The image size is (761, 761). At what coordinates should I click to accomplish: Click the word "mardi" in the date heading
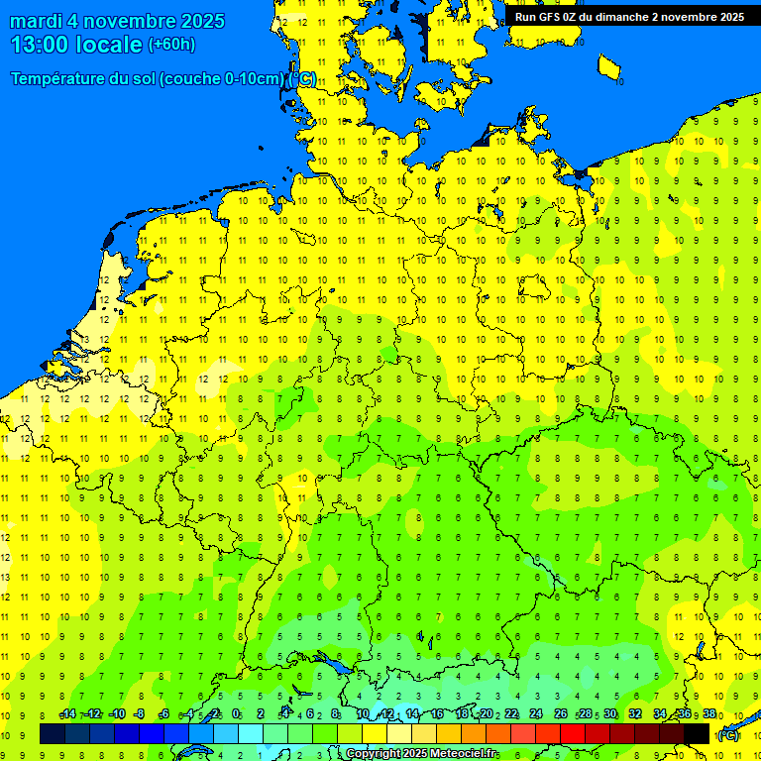click(36, 21)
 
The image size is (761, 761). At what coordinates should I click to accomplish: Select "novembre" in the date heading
click(127, 21)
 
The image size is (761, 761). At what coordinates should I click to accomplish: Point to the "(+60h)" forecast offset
click(171, 45)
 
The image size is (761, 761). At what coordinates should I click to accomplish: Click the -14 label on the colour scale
click(67, 714)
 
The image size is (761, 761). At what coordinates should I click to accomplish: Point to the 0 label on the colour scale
click(236, 714)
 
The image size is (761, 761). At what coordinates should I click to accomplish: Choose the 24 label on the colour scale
click(535, 714)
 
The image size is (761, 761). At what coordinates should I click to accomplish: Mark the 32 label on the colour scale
click(635, 714)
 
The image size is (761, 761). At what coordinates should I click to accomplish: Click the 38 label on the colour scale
click(709, 714)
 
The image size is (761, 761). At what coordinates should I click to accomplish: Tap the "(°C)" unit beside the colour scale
click(727, 735)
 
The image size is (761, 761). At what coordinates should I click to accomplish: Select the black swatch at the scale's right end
click(697, 734)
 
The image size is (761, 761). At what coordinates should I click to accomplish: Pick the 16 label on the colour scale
click(436, 714)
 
